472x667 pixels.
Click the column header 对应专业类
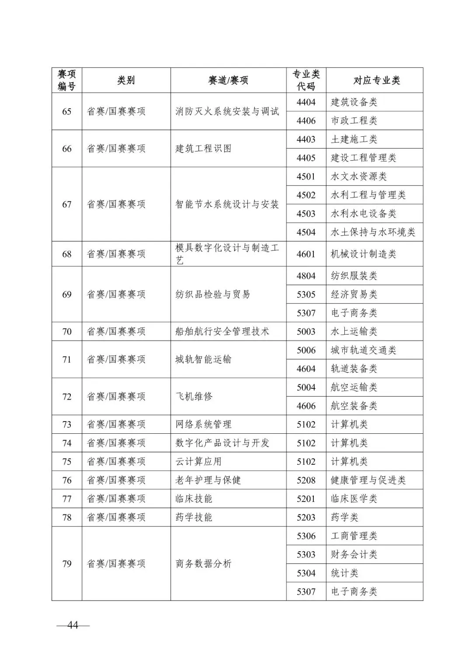pos(376,80)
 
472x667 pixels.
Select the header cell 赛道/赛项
pos(228,80)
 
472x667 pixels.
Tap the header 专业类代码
pos(306,80)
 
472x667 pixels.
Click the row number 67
pos(67,204)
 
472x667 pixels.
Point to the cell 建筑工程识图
pos(203,149)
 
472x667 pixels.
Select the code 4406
pos(306,121)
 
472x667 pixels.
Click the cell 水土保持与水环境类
pos(373,232)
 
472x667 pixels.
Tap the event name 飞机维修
pos(194,397)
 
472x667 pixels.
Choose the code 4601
pos(306,254)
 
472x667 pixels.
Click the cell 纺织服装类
pos(354,276)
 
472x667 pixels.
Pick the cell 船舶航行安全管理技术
pos(222,332)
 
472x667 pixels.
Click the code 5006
pos(306,350)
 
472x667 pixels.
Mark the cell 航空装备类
pos(354,406)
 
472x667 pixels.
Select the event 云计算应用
pos(198,461)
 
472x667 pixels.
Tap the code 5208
pos(306,480)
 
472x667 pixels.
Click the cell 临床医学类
pos(354,498)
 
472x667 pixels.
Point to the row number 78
pos(67,517)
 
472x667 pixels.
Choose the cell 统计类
pos(344,573)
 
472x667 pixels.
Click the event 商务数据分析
pos(203,563)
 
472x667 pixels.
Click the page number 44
pos(73,625)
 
